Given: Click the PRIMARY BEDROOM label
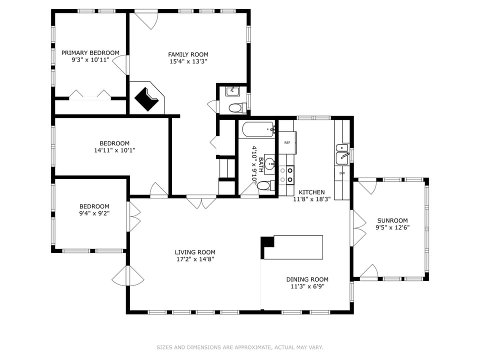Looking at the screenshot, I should [x=90, y=52].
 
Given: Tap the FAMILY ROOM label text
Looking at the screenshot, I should [x=188, y=54].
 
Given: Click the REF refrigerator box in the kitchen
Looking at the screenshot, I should [x=287, y=143].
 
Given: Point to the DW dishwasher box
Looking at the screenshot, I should [x=342, y=173].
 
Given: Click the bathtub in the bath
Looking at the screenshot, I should [x=258, y=129].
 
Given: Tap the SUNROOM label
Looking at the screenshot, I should [x=392, y=220].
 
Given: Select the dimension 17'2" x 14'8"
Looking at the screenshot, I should [x=195, y=259].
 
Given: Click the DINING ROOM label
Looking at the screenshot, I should [x=307, y=279].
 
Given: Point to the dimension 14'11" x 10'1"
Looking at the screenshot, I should [x=114, y=150].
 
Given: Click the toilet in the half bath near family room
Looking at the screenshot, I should [x=234, y=107].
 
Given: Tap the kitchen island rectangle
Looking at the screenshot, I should [x=293, y=247].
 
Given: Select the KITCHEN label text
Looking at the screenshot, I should [x=311, y=192].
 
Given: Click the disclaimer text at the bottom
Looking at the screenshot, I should [x=240, y=347].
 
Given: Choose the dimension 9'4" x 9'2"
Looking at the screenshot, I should [x=94, y=213].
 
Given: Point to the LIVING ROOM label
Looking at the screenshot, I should [x=195, y=252].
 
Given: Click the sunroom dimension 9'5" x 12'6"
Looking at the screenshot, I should [x=392, y=227].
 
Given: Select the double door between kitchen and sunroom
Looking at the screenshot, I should [x=358, y=228].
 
